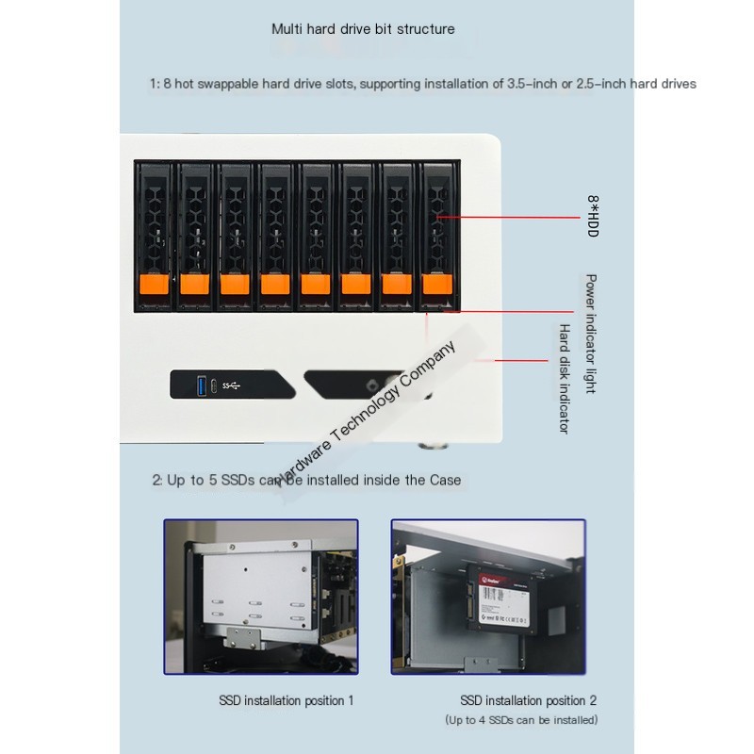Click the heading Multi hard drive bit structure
(363, 28)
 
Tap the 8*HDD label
(593, 216)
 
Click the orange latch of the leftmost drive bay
(153, 284)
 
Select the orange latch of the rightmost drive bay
(435, 284)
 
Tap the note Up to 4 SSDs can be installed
(521, 720)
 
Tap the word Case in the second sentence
(445, 480)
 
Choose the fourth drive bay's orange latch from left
(273, 284)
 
